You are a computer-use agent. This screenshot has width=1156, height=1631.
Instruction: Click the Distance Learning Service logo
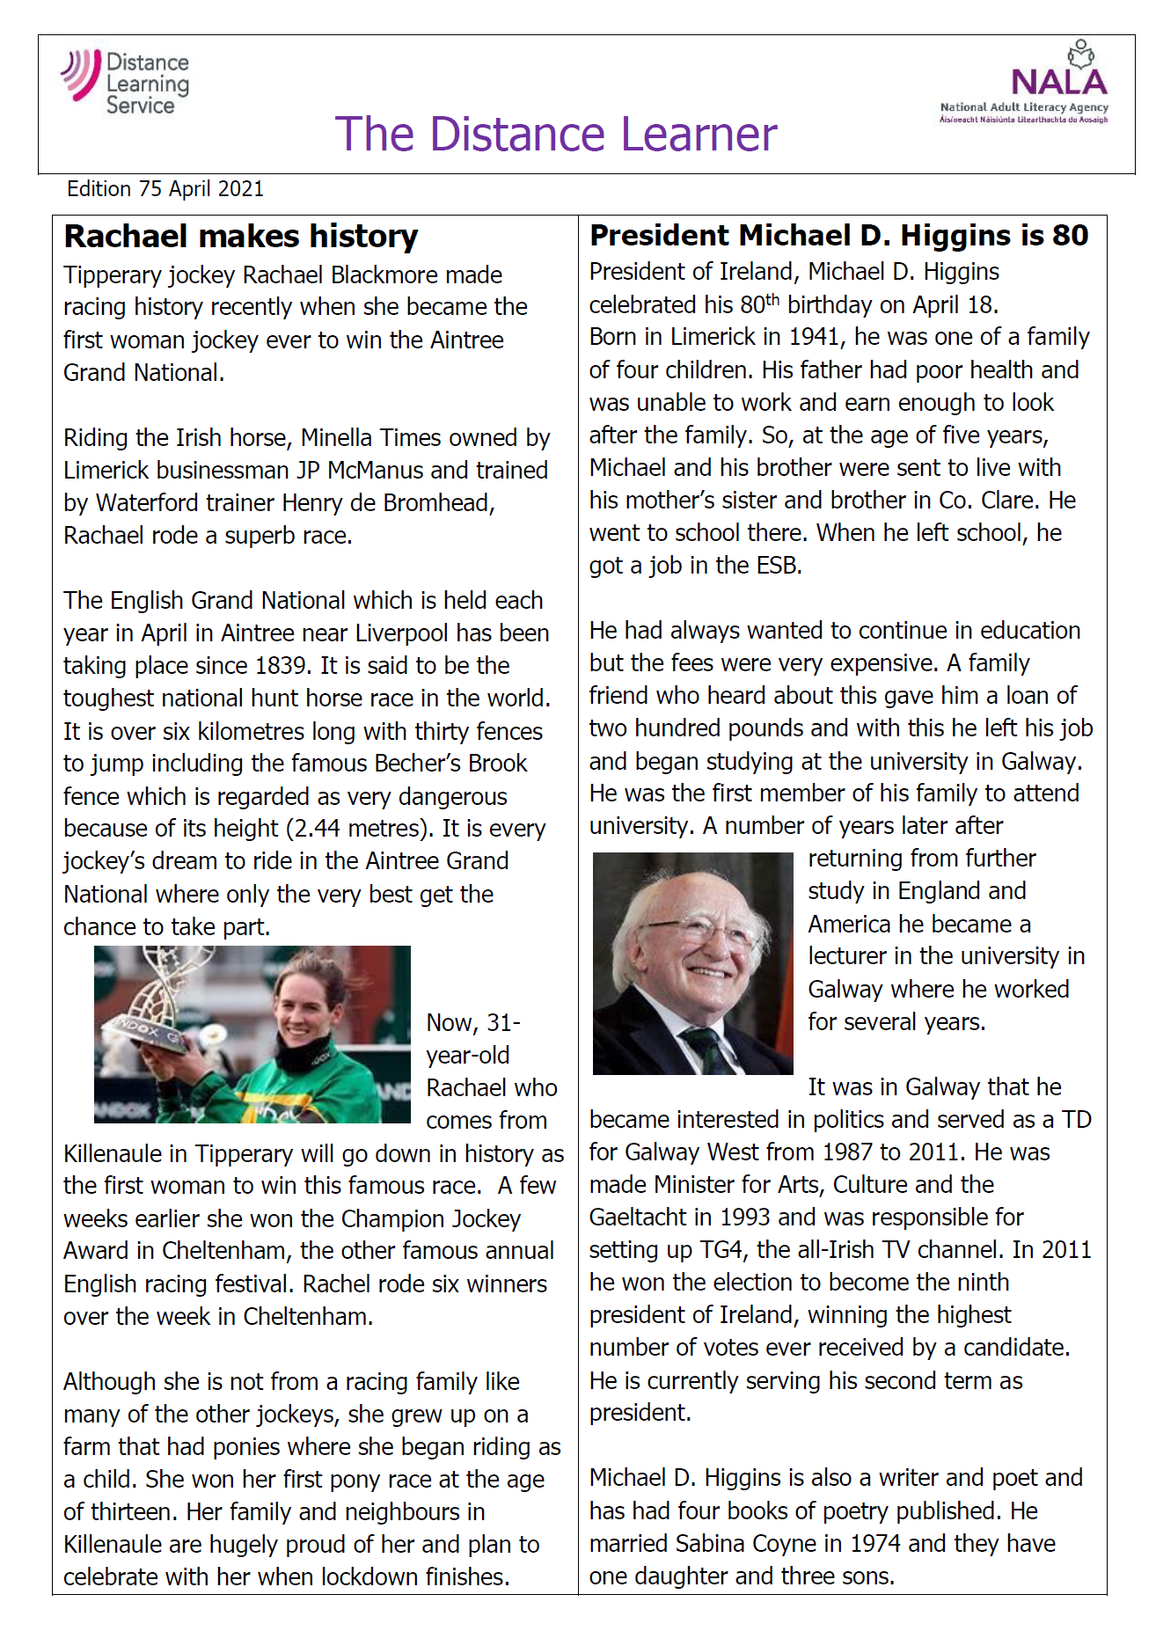point(126,82)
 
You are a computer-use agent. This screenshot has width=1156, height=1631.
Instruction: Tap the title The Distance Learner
point(556,135)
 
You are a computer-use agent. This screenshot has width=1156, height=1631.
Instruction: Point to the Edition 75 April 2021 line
point(165,189)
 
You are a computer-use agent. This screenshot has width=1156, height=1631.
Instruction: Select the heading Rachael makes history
point(241,237)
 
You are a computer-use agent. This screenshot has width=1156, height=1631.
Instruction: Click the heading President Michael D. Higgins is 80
point(838,236)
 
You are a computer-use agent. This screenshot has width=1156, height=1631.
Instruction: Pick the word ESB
point(778,566)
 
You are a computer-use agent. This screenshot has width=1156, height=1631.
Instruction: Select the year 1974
point(874,1544)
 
